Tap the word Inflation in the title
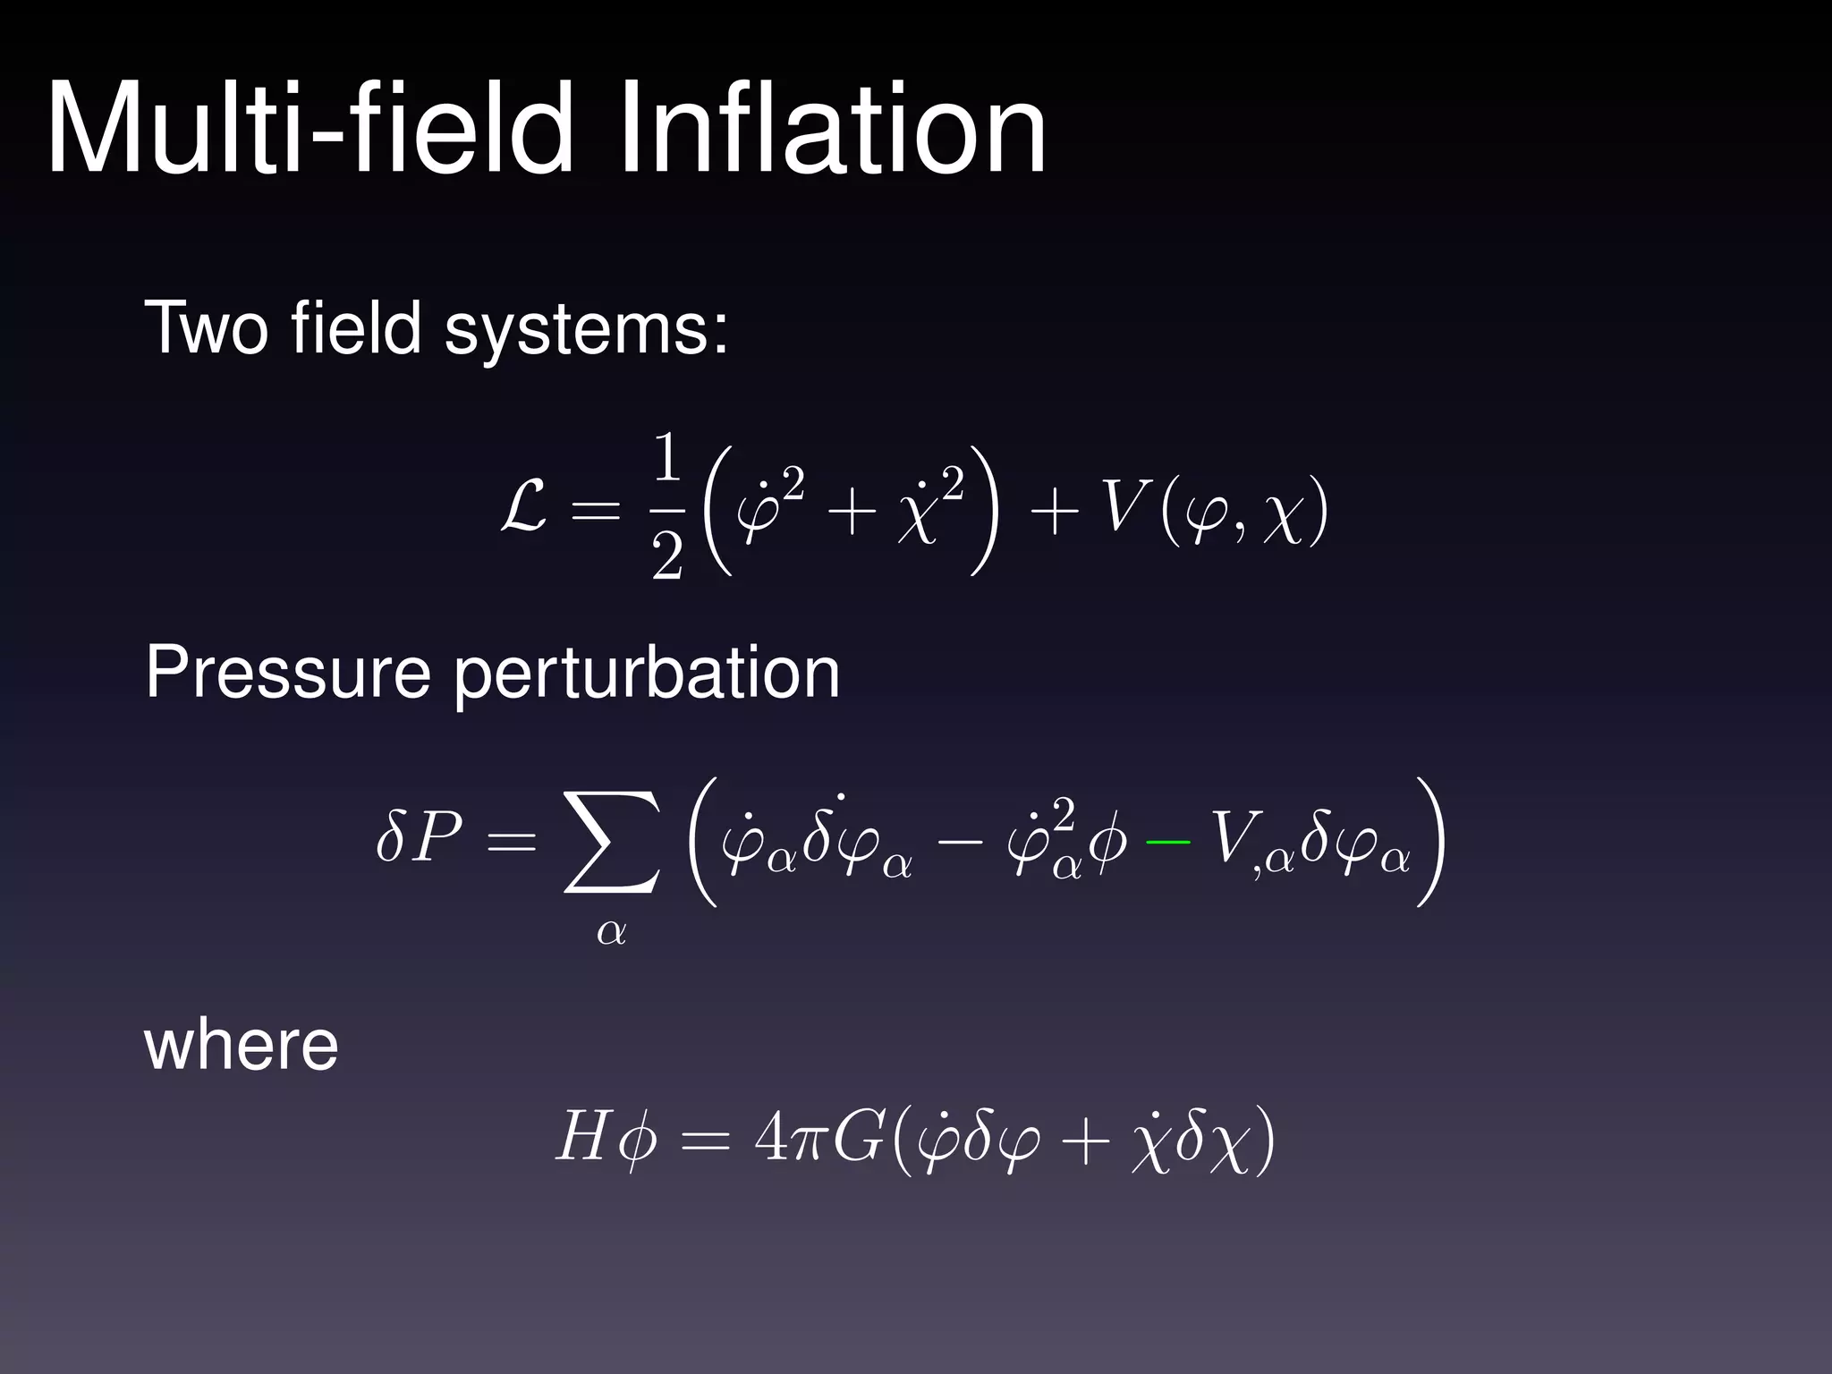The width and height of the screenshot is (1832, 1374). (832, 130)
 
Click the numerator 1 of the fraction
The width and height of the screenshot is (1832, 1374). (667, 458)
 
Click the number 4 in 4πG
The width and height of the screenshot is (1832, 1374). (770, 1139)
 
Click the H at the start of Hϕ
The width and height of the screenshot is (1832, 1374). (582, 1139)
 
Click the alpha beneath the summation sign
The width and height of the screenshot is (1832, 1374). (612, 932)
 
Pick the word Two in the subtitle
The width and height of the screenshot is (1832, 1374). (206, 329)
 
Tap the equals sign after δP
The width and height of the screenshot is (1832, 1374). (512, 842)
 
